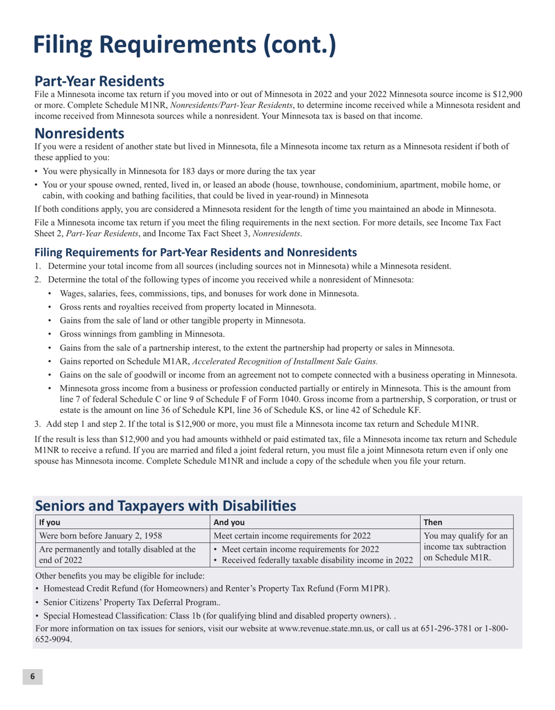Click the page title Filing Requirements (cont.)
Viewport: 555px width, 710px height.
[x=184, y=45]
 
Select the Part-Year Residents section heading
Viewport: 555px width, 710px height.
[x=99, y=81]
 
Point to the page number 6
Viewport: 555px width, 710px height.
[x=33, y=676]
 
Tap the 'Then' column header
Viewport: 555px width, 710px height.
[x=435, y=522]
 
